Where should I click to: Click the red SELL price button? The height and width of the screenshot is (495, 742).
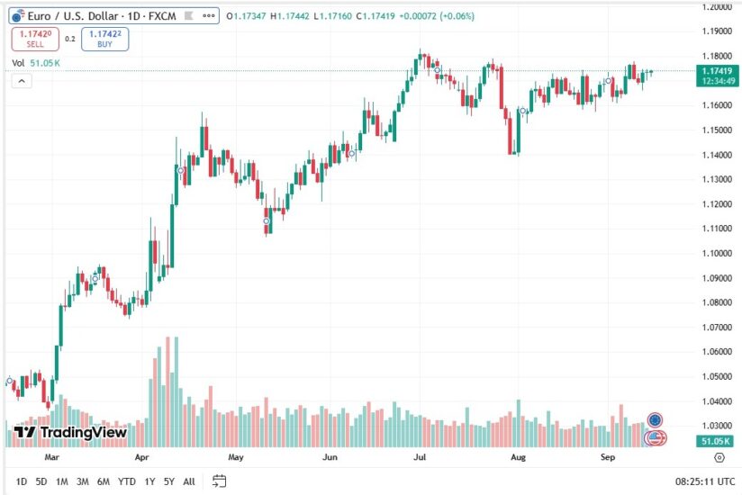point(35,39)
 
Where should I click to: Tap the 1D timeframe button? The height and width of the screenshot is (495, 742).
point(22,481)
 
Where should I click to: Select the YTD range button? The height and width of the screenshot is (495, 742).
point(127,481)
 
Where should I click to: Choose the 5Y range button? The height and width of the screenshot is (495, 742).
point(169,481)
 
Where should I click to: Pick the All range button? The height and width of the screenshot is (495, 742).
point(189,481)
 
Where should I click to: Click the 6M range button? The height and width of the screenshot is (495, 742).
point(104,481)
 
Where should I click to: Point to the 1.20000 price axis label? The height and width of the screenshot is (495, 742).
point(716,6)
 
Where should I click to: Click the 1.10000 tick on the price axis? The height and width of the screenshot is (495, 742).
point(716,253)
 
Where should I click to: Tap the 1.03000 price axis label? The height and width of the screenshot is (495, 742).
point(716,426)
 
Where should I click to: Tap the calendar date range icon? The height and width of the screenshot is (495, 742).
point(219,481)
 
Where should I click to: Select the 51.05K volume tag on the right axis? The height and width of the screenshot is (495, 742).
point(718,442)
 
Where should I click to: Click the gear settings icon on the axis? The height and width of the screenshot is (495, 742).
point(719,458)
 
